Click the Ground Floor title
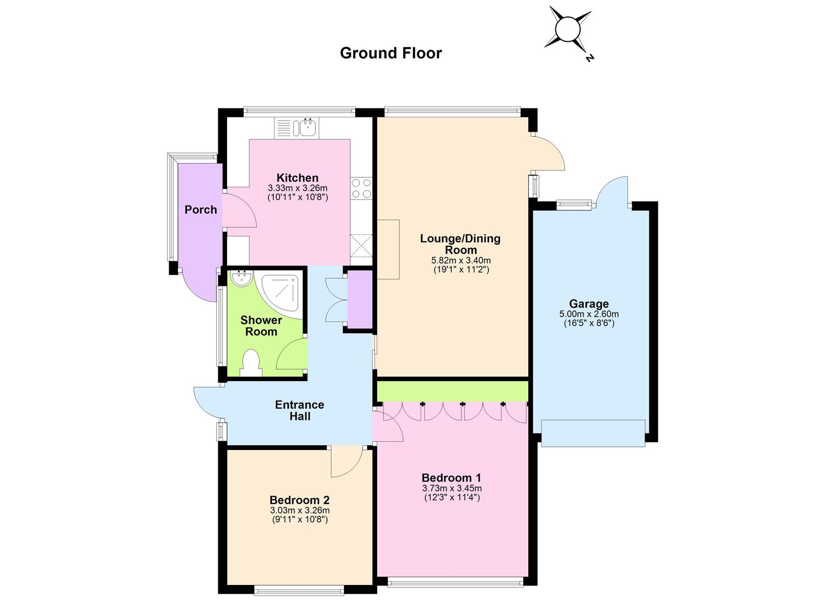tap(390, 53)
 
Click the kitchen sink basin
tap(307, 128)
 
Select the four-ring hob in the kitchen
tap(362, 188)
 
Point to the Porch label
tap(201, 209)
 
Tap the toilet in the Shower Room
tap(251, 362)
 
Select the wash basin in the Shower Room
tap(242, 278)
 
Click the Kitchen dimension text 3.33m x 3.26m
tap(298, 188)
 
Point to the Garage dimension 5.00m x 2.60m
tap(589, 315)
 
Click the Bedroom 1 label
tap(451, 478)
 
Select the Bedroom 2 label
tap(299, 500)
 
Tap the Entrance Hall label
tap(299, 410)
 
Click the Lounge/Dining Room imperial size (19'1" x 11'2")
tap(461, 269)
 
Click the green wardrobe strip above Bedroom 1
tap(453, 392)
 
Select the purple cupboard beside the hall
tap(360, 299)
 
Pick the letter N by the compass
tap(589, 58)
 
